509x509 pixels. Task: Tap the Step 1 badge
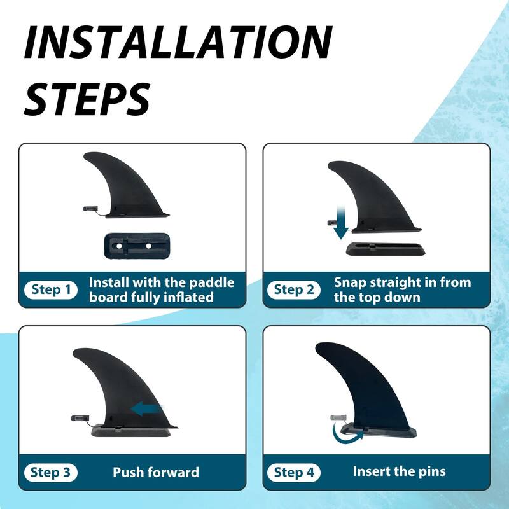click(52, 290)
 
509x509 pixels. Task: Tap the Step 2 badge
click(294, 290)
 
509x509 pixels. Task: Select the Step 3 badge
click(52, 473)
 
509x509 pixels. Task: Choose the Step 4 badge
click(295, 473)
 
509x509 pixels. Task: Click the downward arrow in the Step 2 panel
click(341, 223)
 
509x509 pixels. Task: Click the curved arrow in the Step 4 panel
click(347, 435)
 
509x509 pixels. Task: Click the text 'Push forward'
click(156, 473)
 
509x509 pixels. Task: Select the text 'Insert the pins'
click(399, 472)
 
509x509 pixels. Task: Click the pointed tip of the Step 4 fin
click(317, 349)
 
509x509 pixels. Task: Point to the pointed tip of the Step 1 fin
click(85, 155)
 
